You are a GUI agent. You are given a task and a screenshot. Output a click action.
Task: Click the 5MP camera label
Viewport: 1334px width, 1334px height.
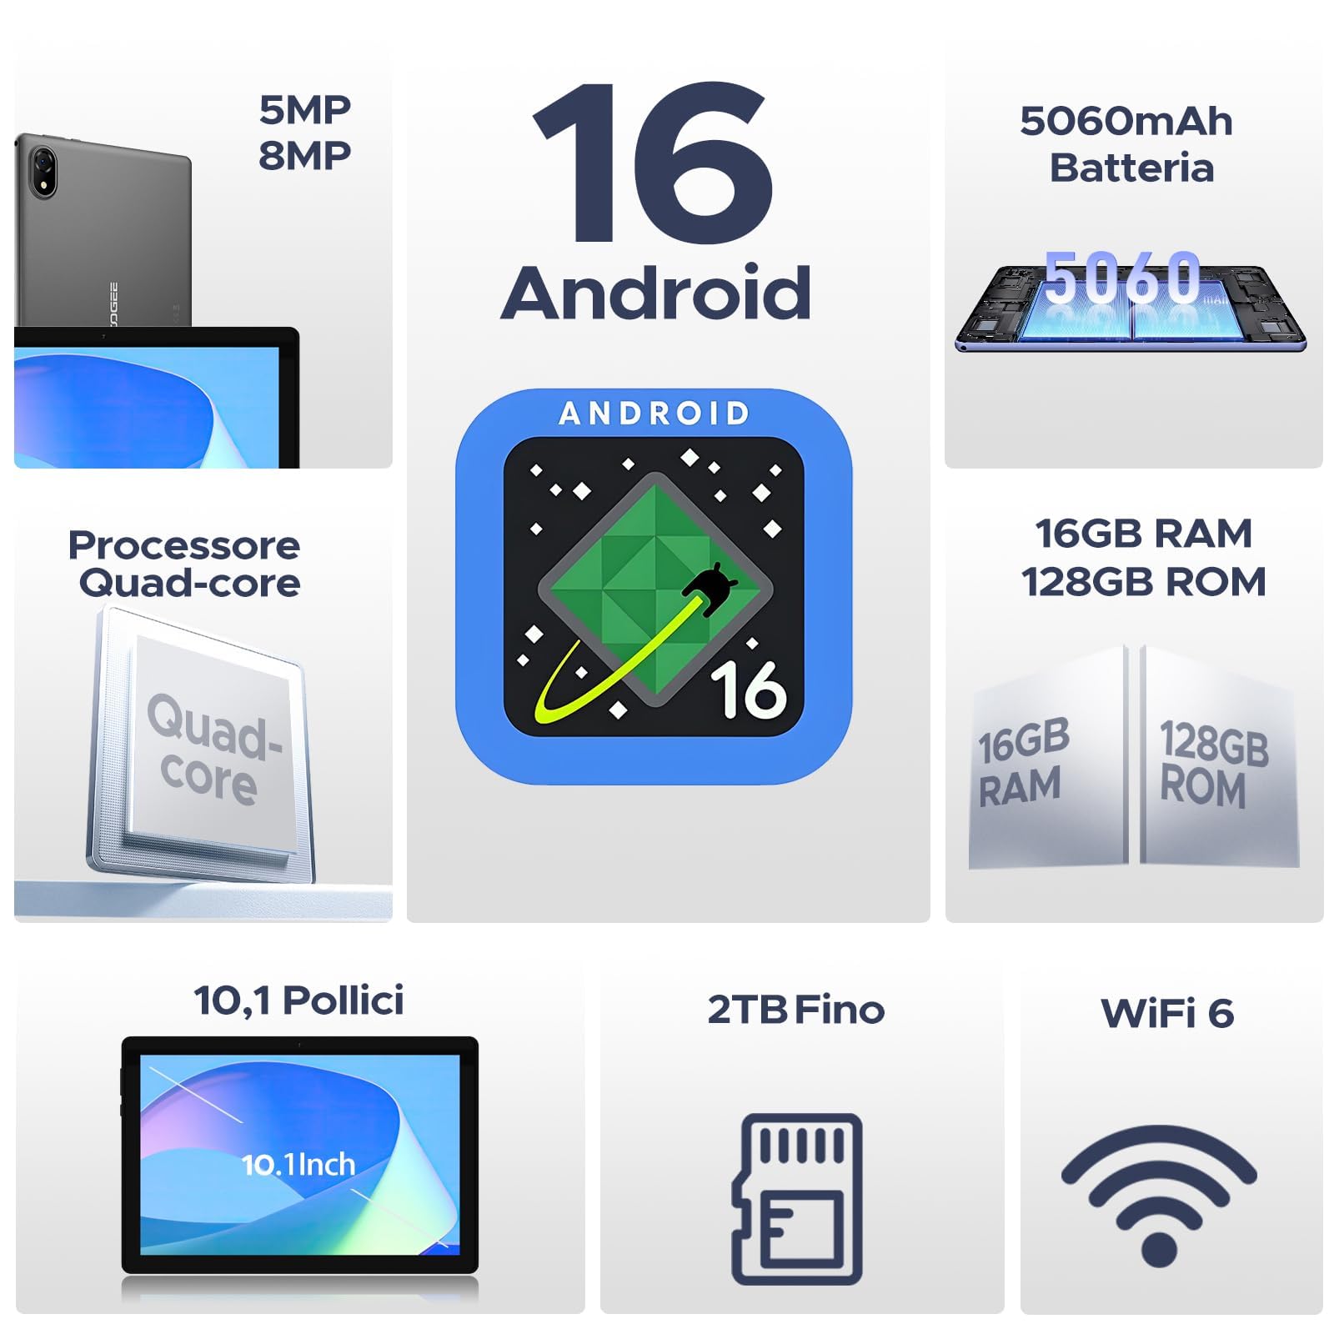point(304,110)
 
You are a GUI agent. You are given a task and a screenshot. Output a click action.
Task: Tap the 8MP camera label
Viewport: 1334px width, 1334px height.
point(304,156)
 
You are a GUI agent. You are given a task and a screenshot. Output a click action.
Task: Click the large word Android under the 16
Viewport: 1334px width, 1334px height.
point(655,293)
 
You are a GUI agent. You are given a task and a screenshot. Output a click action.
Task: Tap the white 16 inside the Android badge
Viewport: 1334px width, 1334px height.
point(748,690)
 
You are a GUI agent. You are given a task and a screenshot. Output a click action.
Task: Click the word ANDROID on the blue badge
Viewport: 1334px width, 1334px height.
point(654,414)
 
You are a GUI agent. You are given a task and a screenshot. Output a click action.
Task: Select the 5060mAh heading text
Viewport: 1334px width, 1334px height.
point(1126,122)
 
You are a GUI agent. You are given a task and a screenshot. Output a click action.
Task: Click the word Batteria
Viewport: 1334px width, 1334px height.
point(1131,168)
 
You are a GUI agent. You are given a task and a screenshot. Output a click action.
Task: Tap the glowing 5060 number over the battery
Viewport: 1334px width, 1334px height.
point(1121,277)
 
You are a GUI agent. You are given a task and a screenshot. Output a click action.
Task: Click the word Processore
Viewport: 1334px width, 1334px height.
point(184,546)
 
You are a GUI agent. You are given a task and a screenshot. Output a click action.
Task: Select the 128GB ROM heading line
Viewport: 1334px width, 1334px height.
point(1143,582)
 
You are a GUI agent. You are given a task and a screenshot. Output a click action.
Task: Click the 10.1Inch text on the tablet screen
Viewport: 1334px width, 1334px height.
point(298,1165)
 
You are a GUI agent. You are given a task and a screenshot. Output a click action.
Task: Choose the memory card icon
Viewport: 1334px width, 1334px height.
point(797,1198)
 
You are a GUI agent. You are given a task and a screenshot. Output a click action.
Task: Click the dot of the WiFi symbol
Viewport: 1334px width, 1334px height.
point(1158,1248)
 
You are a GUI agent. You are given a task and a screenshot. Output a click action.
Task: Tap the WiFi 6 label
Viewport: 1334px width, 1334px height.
point(1166,1013)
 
